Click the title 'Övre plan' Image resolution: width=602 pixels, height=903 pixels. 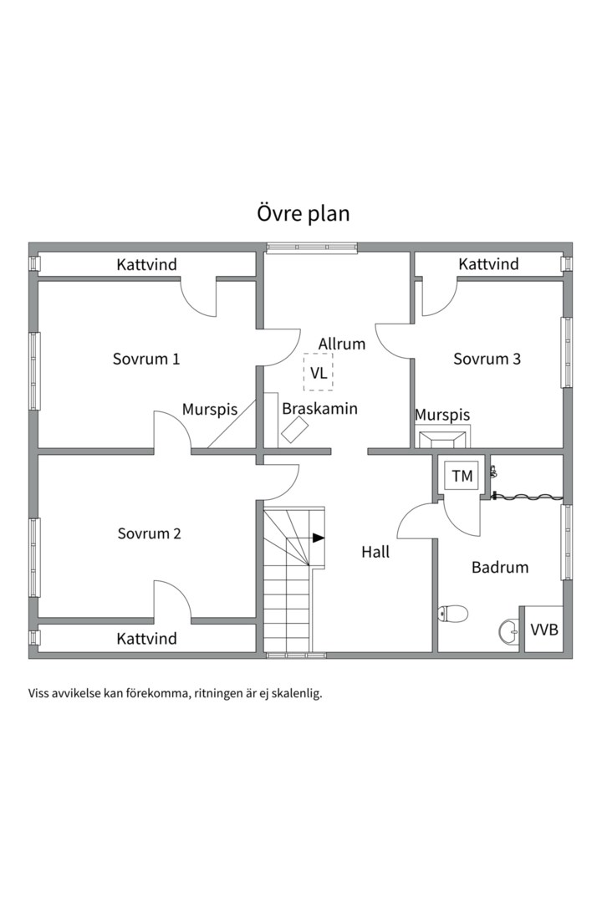click(303, 213)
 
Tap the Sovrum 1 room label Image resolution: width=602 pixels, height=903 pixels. click(146, 359)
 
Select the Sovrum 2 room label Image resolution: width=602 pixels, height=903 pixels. click(149, 533)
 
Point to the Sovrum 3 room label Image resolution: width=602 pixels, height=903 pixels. click(487, 359)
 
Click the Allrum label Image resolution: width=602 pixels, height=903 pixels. click(342, 344)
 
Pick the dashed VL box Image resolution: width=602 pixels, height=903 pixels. click(319, 373)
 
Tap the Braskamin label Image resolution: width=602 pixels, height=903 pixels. click(319, 408)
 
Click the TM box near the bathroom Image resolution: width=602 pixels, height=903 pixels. click(462, 476)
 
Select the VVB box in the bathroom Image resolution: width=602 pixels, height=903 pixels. click(543, 629)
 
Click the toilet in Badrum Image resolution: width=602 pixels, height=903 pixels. click(453, 615)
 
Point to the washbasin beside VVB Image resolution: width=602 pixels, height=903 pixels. click(508, 631)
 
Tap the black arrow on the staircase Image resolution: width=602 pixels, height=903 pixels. click(319, 538)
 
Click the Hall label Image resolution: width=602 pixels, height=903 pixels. click(375, 552)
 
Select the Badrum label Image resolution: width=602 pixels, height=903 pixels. click(500, 567)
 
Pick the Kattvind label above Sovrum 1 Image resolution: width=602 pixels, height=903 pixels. click(146, 264)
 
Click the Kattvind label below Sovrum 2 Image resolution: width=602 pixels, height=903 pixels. click(146, 638)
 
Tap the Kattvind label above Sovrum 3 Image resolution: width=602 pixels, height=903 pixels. click(488, 263)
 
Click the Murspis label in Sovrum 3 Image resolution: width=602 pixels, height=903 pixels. click(442, 415)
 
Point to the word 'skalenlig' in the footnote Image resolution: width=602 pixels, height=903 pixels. click(299, 694)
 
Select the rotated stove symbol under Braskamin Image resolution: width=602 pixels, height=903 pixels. click(294, 430)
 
